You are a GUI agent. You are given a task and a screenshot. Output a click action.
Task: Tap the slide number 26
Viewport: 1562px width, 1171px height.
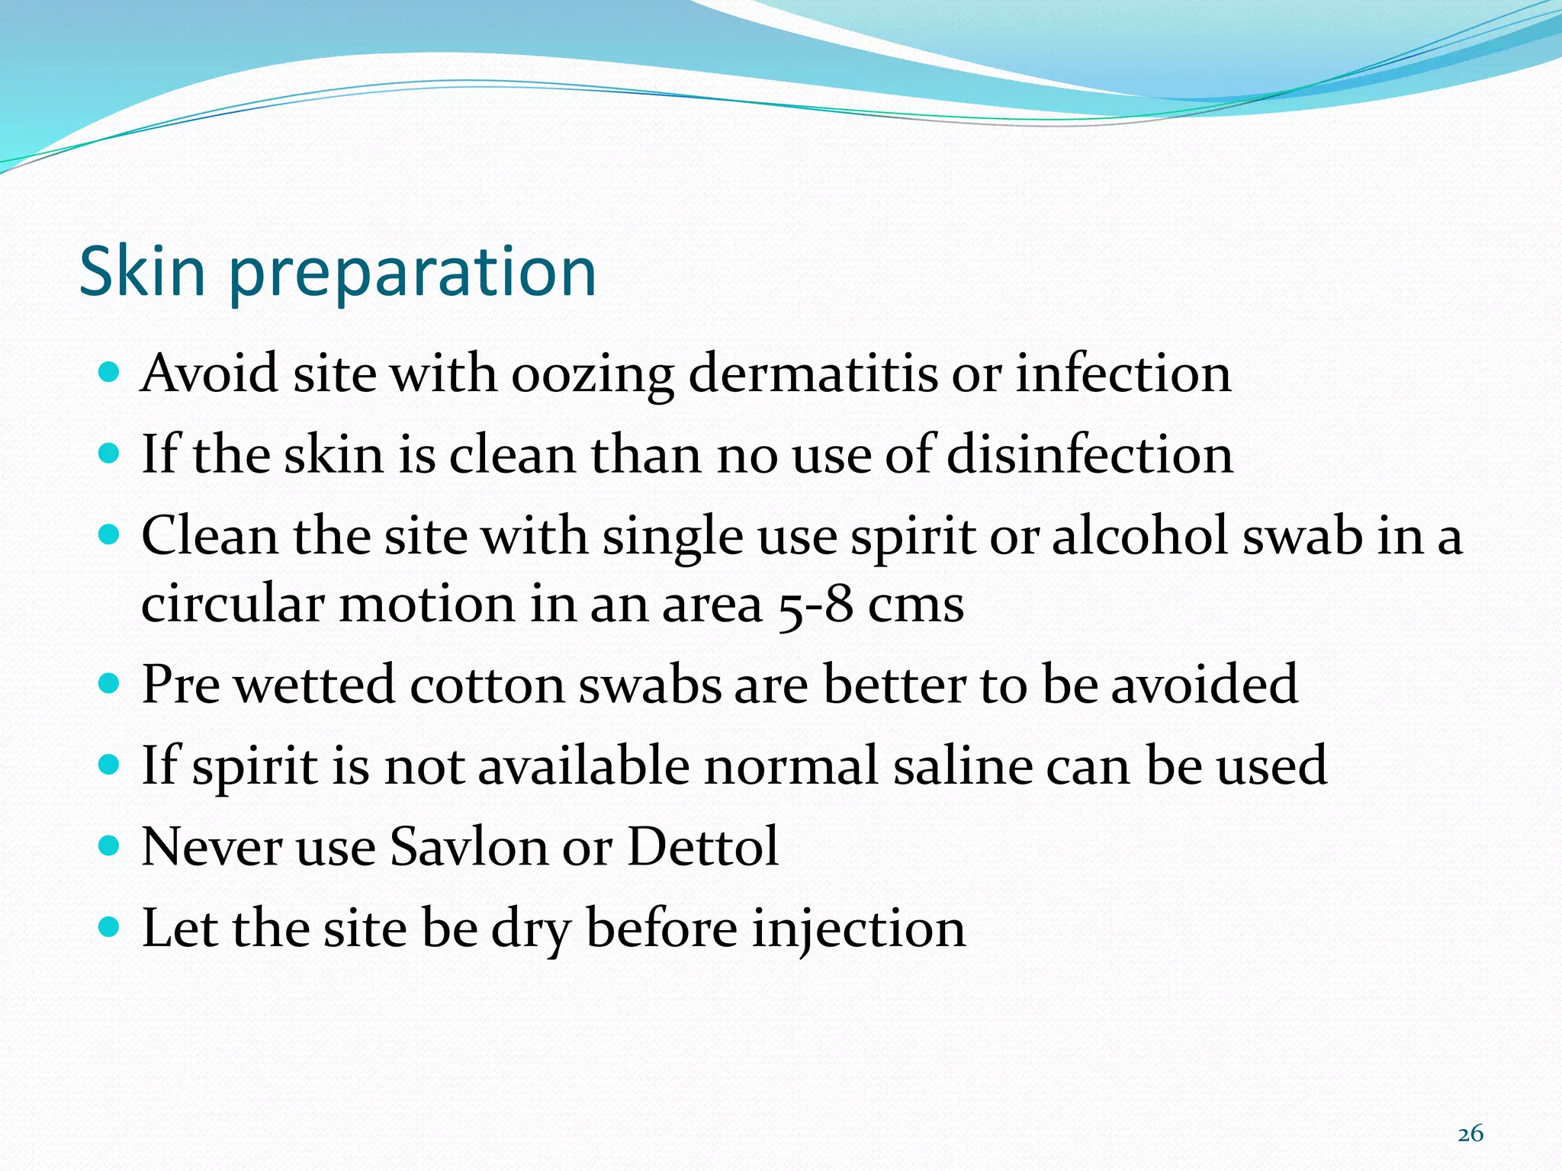click(1470, 1134)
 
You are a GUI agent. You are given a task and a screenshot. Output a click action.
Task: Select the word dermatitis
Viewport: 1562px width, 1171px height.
click(812, 374)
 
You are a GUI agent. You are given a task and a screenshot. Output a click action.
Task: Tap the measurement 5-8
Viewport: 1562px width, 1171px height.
click(815, 605)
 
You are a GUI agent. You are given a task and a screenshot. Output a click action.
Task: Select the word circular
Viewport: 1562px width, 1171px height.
click(233, 604)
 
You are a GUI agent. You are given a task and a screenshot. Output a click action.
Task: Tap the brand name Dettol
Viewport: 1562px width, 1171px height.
click(702, 846)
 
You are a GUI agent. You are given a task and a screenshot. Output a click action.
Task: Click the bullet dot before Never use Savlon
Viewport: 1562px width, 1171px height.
click(110, 845)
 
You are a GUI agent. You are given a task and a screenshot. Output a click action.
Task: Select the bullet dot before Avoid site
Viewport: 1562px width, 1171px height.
click(110, 372)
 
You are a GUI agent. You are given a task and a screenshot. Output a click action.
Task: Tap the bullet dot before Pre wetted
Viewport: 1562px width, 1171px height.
click(110, 682)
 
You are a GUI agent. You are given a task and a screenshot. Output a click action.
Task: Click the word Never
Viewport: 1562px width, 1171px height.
click(212, 846)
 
